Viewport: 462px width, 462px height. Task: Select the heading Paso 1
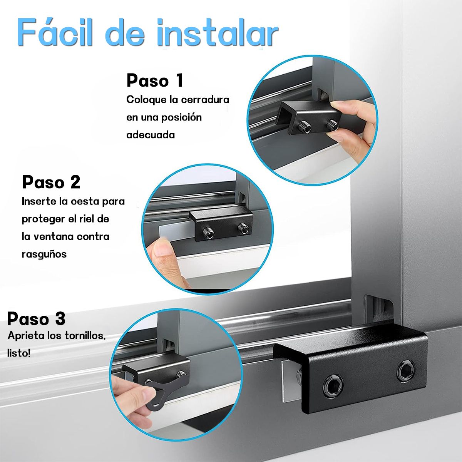click(155, 81)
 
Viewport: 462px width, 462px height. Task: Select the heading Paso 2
click(51, 182)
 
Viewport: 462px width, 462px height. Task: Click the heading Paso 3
click(36, 319)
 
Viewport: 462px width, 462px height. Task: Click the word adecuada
click(151, 135)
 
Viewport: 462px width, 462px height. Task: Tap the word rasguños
click(44, 254)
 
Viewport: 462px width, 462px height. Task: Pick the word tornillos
click(82, 335)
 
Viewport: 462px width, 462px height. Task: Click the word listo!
click(19, 353)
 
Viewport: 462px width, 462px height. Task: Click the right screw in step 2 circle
click(243, 228)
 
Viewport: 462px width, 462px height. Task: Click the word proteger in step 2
click(43, 219)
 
